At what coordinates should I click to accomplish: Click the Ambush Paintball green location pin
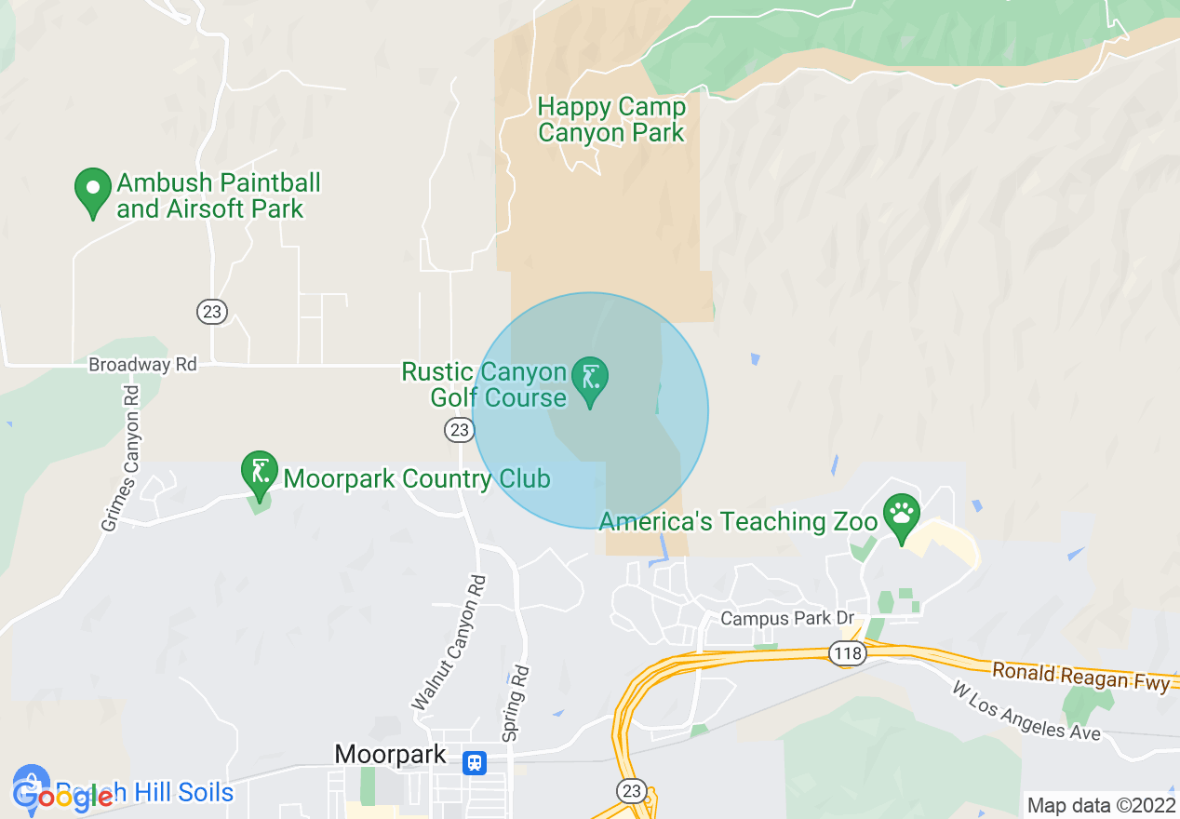tap(93, 191)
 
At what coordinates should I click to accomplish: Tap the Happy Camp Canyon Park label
tap(611, 120)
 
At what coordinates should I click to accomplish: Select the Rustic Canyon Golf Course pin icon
tap(590, 380)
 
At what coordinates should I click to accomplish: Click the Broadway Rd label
tap(142, 365)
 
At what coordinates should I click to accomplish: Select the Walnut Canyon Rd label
tap(449, 642)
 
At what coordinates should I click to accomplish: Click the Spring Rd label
tap(516, 704)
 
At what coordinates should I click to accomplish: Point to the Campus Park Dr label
tap(787, 619)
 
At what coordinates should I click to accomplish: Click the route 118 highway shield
tap(848, 654)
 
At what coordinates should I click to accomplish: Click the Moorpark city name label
tap(390, 754)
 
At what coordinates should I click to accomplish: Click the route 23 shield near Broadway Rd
tap(212, 312)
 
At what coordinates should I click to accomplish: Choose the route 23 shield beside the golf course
tap(459, 429)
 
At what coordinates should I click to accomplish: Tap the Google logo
tap(63, 796)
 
